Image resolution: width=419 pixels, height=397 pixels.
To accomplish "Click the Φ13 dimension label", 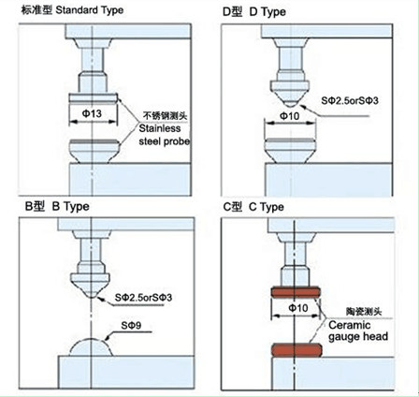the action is pos(92,113).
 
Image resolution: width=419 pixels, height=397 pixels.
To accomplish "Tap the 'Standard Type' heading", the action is pos(90,10).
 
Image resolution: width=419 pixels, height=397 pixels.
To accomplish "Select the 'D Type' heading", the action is pos(267,12).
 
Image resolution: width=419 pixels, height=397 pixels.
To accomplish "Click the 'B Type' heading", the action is pos(70,207).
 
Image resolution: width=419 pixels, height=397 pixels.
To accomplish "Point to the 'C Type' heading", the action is pos(267,207).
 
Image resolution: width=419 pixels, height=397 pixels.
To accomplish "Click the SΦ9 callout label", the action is pos(131,326).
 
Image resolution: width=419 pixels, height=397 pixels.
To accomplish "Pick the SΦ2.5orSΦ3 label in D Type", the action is pos(350,100).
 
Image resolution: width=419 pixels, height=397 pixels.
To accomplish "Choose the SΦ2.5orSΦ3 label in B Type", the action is pos(143,298).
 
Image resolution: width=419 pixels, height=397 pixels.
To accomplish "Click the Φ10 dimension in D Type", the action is pos(290,116).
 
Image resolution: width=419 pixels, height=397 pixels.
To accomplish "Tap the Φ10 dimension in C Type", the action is pos(298,308).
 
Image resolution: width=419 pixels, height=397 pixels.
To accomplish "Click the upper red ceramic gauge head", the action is pos(296,292).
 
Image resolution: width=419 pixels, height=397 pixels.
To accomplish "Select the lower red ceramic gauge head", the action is pos(296,350).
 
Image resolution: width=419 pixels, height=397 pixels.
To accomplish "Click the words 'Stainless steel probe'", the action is pos(165,135).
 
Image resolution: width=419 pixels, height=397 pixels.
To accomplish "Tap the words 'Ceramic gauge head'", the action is pos(358,331).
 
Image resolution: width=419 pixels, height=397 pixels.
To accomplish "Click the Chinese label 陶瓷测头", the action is pos(364,312).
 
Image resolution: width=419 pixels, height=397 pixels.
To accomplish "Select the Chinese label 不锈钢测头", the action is pos(165,116).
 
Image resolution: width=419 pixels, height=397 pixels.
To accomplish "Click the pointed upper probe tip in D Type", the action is pos(290,104).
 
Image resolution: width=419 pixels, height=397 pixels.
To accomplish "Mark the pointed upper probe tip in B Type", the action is pos(91,295).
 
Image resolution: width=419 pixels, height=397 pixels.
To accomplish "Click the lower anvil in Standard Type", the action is pos(94,151).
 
